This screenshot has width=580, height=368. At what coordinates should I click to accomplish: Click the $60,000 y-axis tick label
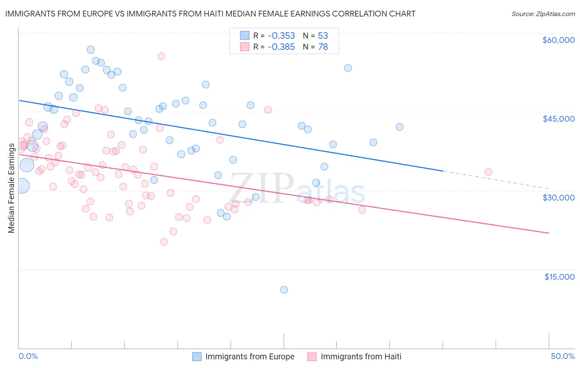pyautogui.click(x=558, y=40)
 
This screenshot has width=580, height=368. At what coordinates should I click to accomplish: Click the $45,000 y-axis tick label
pyautogui.click(x=558, y=119)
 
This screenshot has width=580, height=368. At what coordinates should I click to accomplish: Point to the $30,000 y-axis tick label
pyautogui.click(x=558, y=198)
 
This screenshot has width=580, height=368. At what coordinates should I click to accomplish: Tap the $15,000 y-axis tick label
pyautogui.click(x=559, y=277)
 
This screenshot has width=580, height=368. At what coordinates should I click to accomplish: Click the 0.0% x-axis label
pyautogui.click(x=28, y=356)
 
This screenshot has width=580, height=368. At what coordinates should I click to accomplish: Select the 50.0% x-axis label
pyautogui.click(x=563, y=356)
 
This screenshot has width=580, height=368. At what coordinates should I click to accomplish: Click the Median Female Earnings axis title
pyautogui.click(x=12, y=188)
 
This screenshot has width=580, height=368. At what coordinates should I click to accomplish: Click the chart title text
pyautogui.click(x=210, y=14)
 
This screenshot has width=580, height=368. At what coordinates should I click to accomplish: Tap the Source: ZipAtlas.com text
pyautogui.click(x=543, y=14)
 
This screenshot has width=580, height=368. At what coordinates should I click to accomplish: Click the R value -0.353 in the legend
pyautogui.click(x=281, y=35)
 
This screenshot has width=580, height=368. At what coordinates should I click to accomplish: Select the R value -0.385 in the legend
pyautogui.click(x=281, y=47)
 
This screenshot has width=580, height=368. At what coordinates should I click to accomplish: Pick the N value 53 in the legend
pyautogui.click(x=323, y=35)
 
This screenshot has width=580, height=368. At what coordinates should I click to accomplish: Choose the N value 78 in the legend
pyautogui.click(x=323, y=47)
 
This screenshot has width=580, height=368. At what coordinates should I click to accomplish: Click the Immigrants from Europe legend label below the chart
pyautogui.click(x=250, y=356)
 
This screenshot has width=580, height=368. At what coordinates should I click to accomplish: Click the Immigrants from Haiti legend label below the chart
pyautogui.click(x=361, y=356)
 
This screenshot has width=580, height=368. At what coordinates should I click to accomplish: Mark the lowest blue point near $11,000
pyautogui.click(x=284, y=290)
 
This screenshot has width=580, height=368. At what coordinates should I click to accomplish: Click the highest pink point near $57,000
pyautogui.click(x=161, y=56)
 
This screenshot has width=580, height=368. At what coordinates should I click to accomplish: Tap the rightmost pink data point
pyautogui.click(x=488, y=172)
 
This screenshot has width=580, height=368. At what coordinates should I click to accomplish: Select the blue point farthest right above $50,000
pyautogui.click(x=348, y=68)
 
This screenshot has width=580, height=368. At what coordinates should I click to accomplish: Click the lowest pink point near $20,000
pyautogui.click(x=164, y=242)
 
